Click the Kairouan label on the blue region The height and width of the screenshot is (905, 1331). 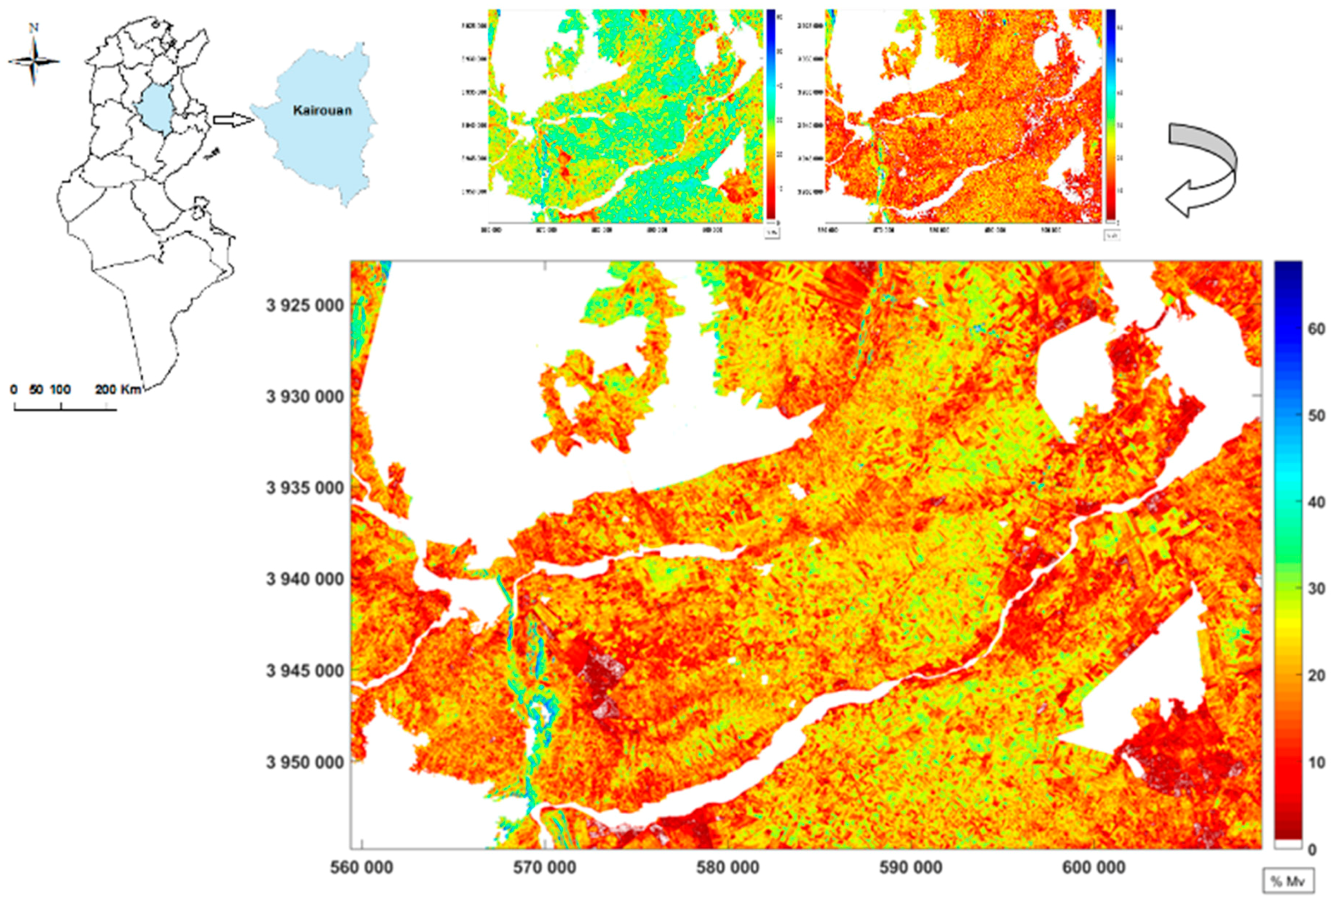(322, 111)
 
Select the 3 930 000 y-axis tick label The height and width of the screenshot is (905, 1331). (305, 397)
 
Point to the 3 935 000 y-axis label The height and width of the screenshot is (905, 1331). (305, 488)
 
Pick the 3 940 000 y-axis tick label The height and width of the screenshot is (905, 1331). (305, 579)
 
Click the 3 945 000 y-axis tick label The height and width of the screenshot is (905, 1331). (305, 671)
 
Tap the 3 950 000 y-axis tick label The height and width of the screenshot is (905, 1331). (305, 762)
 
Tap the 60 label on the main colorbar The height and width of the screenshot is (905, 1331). (1317, 329)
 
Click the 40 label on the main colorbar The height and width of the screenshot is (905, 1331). (1317, 503)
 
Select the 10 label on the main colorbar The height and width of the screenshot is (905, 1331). (1317, 762)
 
